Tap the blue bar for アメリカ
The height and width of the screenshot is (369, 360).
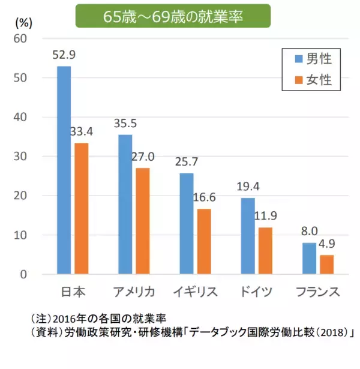pyautogui.click(x=125, y=204)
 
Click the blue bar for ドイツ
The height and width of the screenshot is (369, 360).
pyautogui.click(x=248, y=236)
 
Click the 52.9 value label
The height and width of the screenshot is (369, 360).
pyautogui.click(x=64, y=55)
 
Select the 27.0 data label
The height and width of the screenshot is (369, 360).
pyautogui.click(x=143, y=157)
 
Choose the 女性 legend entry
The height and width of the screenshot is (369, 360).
pyautogui.click(x=311, y=79)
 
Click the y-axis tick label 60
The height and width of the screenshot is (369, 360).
pyautogui.click(x=21, y=38)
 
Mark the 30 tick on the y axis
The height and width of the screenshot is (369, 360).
pyautogui.click(x=21, y=157)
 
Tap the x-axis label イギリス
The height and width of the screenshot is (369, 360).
pyautogui.click(x=196, y=292)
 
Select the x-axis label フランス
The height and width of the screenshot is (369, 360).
pyautogui.click(x=318, y=292)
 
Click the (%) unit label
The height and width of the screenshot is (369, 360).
pyautogui.click(x=22, y=23)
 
